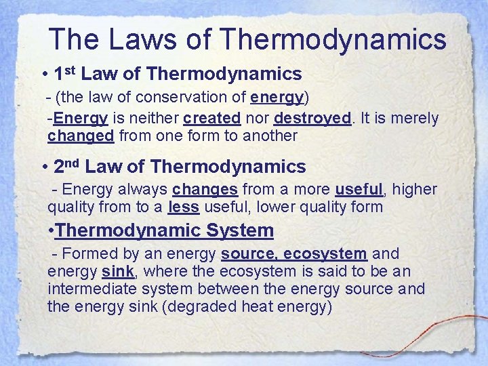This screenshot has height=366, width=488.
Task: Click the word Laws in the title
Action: pos(134,39)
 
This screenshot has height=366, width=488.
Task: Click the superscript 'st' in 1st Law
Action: pos(70,69)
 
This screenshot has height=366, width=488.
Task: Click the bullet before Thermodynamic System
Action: pos(54,230)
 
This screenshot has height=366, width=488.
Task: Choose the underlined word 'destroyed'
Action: pos(312,119)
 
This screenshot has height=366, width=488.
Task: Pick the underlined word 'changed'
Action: pos(81,136)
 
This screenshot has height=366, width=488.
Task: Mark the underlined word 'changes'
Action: pos(205,189)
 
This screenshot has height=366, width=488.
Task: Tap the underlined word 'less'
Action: pos(183,207)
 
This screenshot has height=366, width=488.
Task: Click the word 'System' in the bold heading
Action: pos(241,230)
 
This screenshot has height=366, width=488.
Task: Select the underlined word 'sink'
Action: pos(117,272)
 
